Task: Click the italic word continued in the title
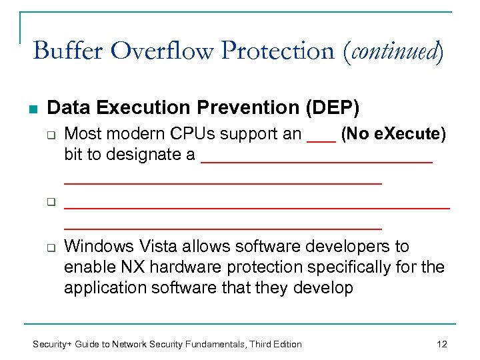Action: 397,51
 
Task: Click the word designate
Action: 126,155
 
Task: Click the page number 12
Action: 441,344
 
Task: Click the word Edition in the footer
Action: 285,344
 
